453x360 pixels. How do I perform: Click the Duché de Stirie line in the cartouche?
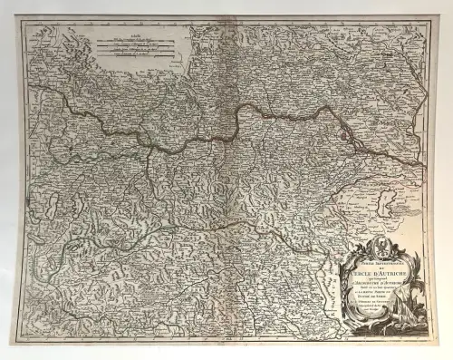pyautogui.click(x=368, y=293)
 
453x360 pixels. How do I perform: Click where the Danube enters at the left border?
pyautogui.click(x=28, y=86)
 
